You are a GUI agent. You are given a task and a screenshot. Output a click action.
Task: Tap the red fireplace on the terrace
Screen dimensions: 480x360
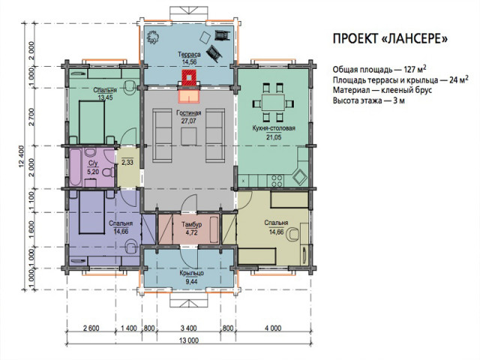tap(190, 78)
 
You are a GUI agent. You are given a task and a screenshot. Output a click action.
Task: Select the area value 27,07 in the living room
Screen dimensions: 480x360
tap(188, 121)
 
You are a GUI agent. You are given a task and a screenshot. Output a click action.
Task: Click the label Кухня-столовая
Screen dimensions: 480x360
tap(274, 128)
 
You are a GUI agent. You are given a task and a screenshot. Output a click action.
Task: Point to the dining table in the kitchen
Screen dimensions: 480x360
tap(273, 103)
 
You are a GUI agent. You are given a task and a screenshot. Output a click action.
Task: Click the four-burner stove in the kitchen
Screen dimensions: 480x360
tap(277, 181)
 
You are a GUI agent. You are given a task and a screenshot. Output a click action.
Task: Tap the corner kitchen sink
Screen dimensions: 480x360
tap(299, 177)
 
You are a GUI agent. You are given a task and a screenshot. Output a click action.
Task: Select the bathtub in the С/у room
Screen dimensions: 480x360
tap(75, 168)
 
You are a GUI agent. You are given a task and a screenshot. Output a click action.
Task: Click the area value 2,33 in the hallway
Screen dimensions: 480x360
tap(127, 162)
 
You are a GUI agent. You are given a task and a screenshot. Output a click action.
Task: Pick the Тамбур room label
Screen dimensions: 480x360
tap(192, 225)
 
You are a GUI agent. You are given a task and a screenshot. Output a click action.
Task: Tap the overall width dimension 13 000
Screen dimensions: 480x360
tap(189, 340)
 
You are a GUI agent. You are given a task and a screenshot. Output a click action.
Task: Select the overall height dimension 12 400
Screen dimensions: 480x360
tap(21, 157)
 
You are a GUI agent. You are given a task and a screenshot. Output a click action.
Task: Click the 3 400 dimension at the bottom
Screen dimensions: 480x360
tap(188, 328)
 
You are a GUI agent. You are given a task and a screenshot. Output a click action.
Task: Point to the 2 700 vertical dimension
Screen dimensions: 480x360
tap(31, 117)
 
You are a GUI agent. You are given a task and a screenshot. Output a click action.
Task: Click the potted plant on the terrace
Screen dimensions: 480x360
tap(153, 37)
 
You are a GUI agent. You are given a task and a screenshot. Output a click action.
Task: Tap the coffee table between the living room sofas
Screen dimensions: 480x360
tap(188, 136)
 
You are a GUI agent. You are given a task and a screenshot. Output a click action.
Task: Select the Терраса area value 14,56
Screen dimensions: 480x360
tap(189, 61)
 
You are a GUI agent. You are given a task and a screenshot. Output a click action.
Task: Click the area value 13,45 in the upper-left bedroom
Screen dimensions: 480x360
tap(105, 97)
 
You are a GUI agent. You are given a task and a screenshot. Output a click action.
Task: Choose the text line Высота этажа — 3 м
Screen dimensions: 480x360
tap(369, 100)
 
